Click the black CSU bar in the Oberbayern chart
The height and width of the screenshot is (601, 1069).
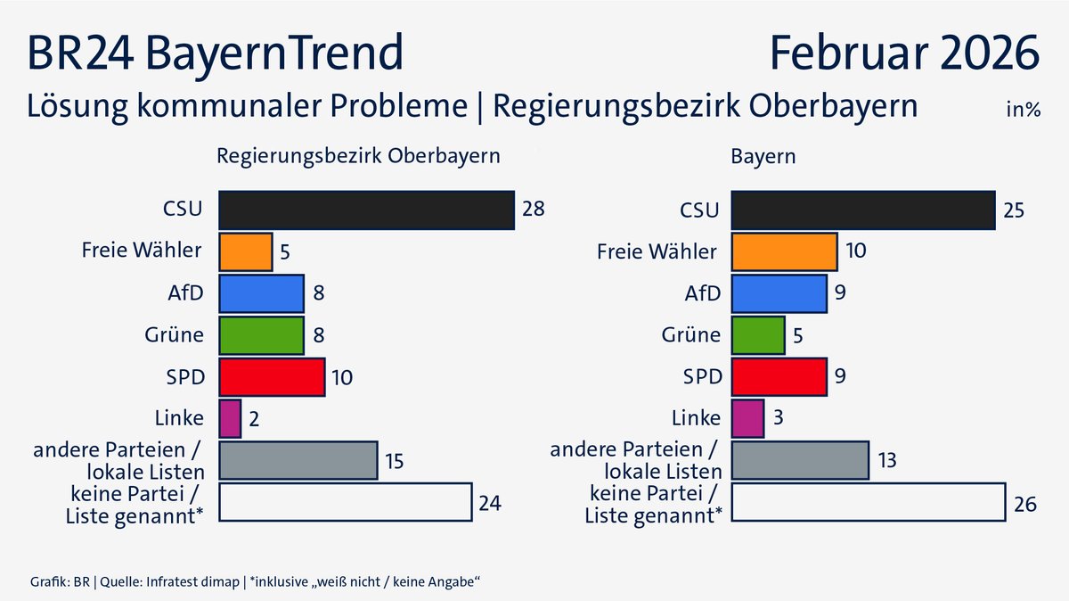pos(366,210)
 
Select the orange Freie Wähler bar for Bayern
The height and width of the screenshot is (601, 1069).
pos(784,252)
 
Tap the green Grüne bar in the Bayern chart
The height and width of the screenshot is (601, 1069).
pos(758,335)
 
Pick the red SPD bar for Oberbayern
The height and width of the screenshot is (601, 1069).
pos(272,377)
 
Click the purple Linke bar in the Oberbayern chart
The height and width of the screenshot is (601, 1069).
pos(230,418)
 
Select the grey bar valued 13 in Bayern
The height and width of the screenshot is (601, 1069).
pos(800,460)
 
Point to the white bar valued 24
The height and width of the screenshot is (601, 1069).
pos(345,502)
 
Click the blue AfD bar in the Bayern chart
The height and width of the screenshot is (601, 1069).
pos(779,294)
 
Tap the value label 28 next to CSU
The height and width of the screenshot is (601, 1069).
pos(533,210)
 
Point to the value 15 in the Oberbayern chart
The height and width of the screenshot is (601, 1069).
pos(396,461)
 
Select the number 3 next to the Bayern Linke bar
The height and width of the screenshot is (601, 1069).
pos(777,419)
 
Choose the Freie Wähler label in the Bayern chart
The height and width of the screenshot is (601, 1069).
pos(657,252)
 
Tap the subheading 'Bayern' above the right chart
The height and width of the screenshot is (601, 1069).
pos(763,155)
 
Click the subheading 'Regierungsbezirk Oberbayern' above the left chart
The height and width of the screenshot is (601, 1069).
pos(359,155)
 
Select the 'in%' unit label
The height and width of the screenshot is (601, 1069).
pos(1023,111)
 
